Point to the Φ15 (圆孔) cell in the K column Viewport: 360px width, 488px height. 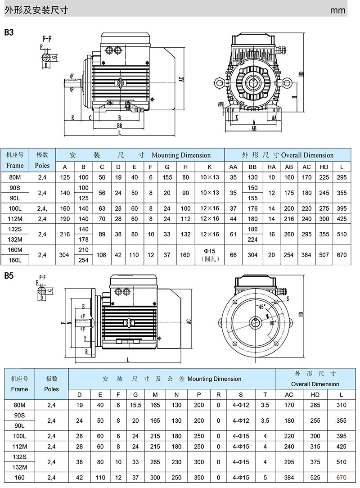208,255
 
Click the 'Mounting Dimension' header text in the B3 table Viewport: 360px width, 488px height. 181,155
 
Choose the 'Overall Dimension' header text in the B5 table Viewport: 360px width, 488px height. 315,384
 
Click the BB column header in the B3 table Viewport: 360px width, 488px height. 253,167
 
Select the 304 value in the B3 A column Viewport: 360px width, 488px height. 64,255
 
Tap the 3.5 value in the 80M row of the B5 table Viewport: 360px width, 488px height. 265,405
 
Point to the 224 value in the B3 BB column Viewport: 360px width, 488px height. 253,239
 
